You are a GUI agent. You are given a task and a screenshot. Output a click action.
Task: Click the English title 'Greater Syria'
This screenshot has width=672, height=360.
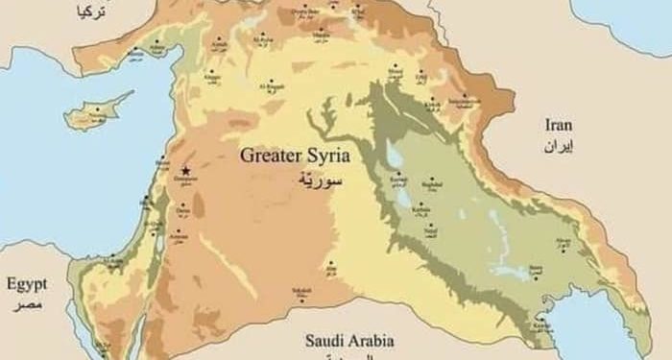tap(295, 155)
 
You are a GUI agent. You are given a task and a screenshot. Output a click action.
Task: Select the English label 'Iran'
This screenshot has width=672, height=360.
tap(558, 125)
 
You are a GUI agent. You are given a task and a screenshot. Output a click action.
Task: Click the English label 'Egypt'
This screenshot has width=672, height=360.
tap(26, 284)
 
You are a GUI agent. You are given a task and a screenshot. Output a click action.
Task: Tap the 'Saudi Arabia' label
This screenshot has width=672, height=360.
tap(349, 340)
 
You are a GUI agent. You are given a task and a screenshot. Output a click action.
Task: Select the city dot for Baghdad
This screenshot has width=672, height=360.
tap(433, 179)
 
